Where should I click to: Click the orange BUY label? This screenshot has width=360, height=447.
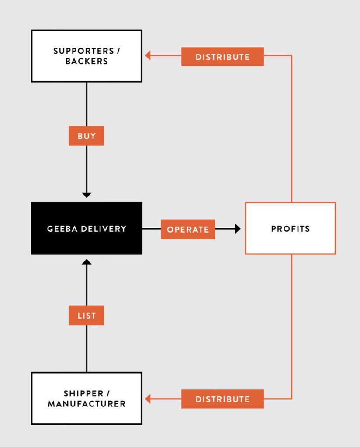pos(87,136)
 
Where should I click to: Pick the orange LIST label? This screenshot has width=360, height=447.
pos(87,316)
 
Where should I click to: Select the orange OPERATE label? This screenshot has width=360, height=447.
pos(188,229)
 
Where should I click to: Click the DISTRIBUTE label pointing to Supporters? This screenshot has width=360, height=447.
pos(222,57)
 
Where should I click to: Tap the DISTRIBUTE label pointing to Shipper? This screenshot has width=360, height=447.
pos(222,399)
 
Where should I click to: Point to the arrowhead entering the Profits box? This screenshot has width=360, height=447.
pos(238,229)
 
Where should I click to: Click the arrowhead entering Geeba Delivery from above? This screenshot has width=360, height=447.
pos(87,194)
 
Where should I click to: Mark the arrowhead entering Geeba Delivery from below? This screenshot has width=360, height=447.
pos(87,262)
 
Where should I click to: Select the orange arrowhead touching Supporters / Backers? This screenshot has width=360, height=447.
pos(148,55)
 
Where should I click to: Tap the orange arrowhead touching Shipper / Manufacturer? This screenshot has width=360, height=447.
pos(148,399)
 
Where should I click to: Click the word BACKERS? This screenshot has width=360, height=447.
pos(87,62)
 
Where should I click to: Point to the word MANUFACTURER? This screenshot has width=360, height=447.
pos(87,404)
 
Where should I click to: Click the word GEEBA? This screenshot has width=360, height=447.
pos(60,229)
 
